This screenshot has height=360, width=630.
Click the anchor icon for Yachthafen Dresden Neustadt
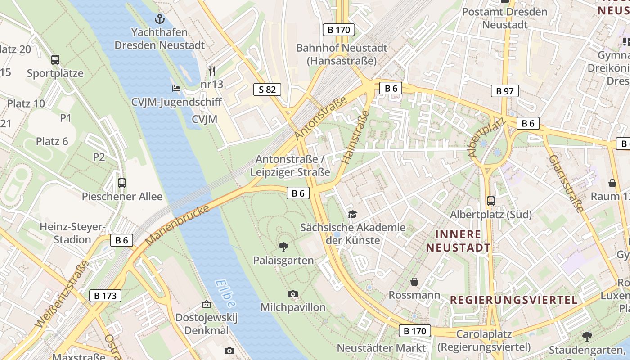pos(159,19)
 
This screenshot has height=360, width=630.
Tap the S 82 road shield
pos(267,90)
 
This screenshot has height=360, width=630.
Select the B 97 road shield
pos(504,91)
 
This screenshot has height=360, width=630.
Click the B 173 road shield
pos(105,296)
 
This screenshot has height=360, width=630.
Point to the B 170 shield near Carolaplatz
pos(414,331)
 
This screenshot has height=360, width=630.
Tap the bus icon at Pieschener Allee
pos(121,183)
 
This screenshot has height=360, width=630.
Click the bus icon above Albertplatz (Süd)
pos(491,201)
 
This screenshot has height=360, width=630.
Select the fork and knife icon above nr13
pos(212,71)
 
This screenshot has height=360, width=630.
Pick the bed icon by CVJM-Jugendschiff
pos(176,88)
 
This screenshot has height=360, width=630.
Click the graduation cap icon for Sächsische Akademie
pos(352,214)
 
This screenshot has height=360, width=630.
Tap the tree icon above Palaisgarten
pos(283,246)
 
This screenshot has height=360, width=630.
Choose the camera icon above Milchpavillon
pos(293,294)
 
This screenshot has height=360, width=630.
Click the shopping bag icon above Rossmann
pos(414,282)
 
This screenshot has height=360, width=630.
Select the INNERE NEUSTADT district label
pos(458,241)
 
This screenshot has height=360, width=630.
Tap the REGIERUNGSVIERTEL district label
pos(513,300)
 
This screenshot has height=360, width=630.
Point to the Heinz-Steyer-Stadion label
pos(72,233)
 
